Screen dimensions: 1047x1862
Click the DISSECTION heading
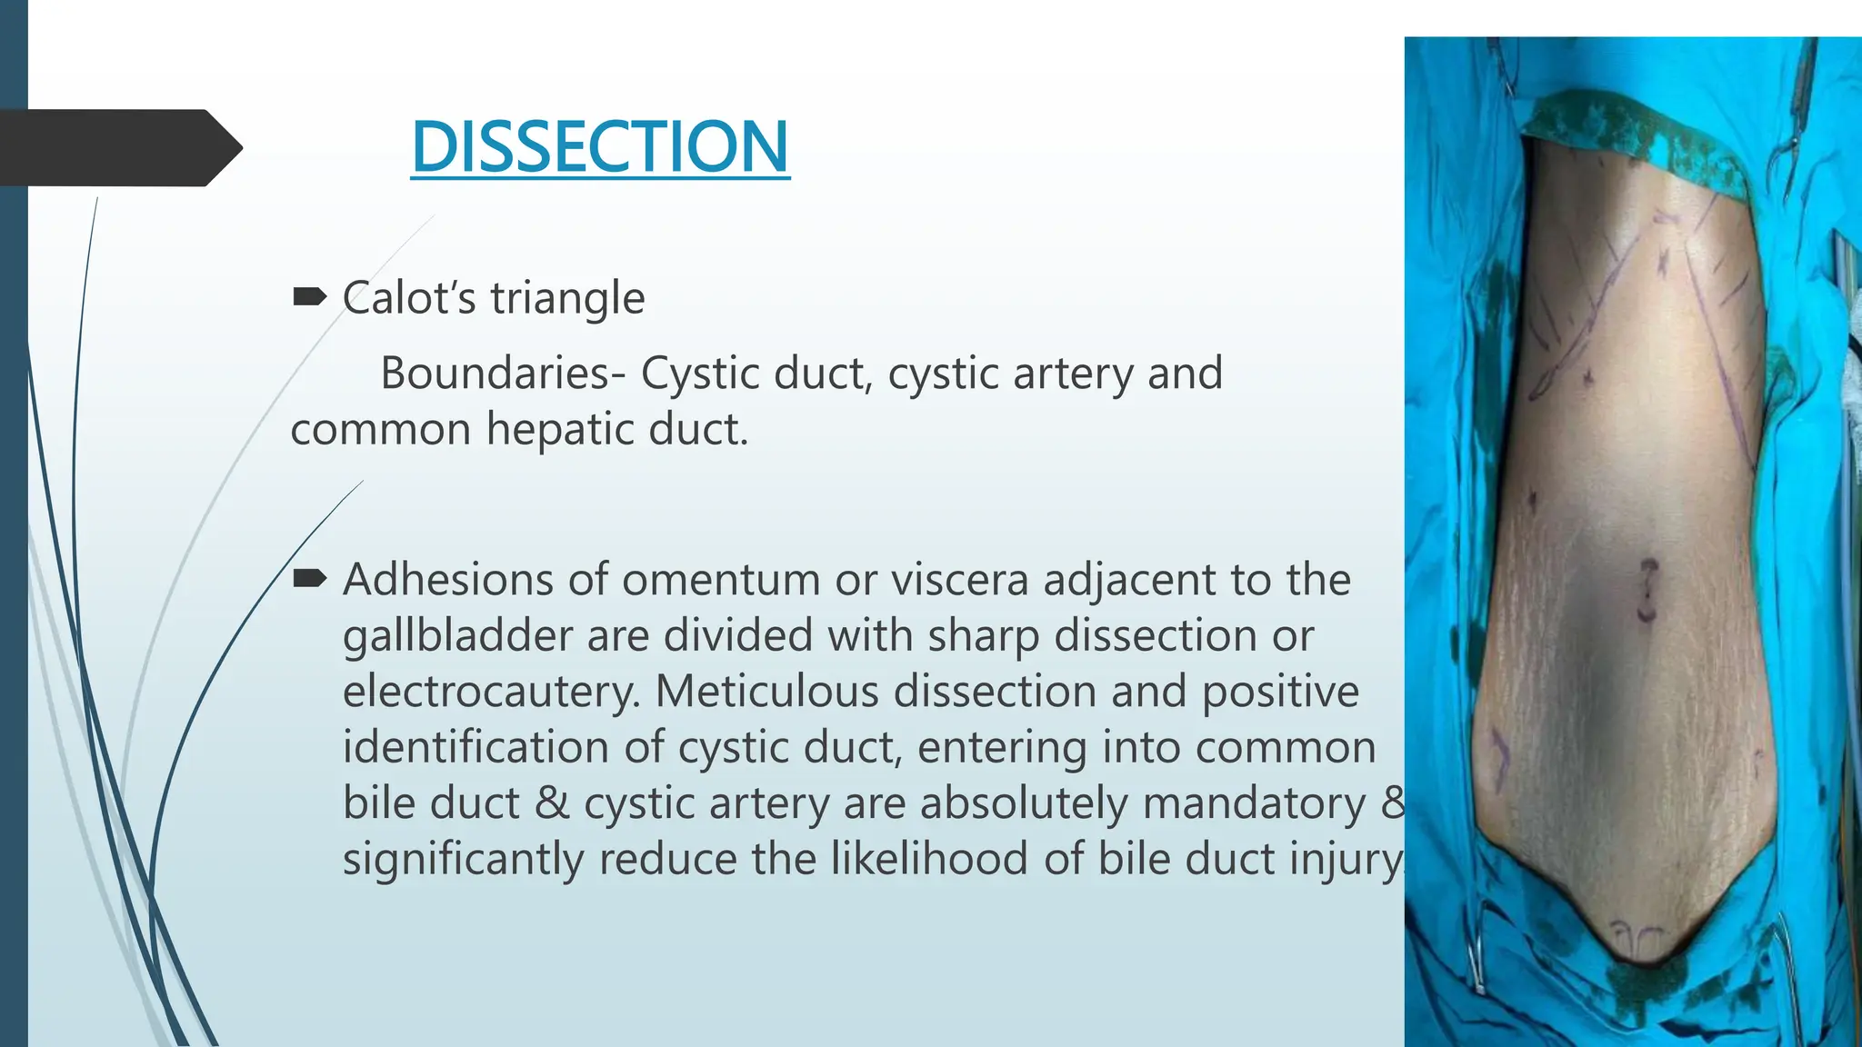(x=600, y=147)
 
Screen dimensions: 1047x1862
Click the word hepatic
(x=558, y=429)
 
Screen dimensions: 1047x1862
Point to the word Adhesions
(x=447, y=580)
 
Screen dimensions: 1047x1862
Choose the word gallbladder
(x=456, y=636)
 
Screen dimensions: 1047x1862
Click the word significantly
(x=463, y=860)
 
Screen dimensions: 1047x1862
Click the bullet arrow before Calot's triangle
(x=309, y=296)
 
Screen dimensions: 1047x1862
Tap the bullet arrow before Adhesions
(x=309, y=578)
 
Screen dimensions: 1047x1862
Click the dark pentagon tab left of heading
(x=118, y=147)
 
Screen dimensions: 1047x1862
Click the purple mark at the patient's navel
(x=1647, y=591)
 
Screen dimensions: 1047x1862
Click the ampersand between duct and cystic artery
(x=552, y=804)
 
